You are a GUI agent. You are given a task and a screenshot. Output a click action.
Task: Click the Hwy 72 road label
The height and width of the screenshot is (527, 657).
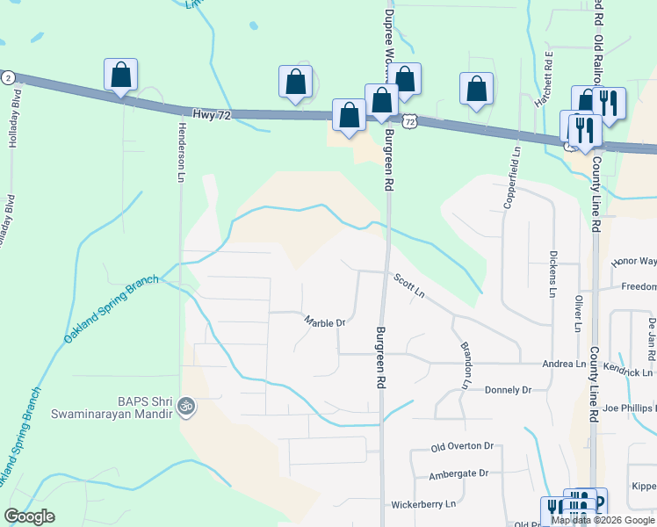(211, 114)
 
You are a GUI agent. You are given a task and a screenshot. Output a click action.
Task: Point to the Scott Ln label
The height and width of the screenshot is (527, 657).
(409, 285)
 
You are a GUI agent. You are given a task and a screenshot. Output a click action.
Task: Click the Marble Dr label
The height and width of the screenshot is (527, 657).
(325, 322)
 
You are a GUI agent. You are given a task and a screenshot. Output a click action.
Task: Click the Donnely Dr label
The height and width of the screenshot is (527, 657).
(509, 389)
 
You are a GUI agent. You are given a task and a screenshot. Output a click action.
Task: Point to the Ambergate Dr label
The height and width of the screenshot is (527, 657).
(458, 473)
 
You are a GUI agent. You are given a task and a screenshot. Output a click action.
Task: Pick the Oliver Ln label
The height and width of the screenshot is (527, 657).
(579, 313)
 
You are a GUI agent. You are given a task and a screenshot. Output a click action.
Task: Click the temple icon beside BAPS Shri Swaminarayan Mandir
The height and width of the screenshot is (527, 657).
(184, 406)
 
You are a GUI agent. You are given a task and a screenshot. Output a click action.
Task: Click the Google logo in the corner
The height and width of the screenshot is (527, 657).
(29, 516)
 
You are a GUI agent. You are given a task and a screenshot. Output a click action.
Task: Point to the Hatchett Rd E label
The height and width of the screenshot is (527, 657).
(544, 80)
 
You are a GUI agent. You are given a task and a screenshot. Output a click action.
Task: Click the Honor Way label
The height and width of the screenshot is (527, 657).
(635, 261)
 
